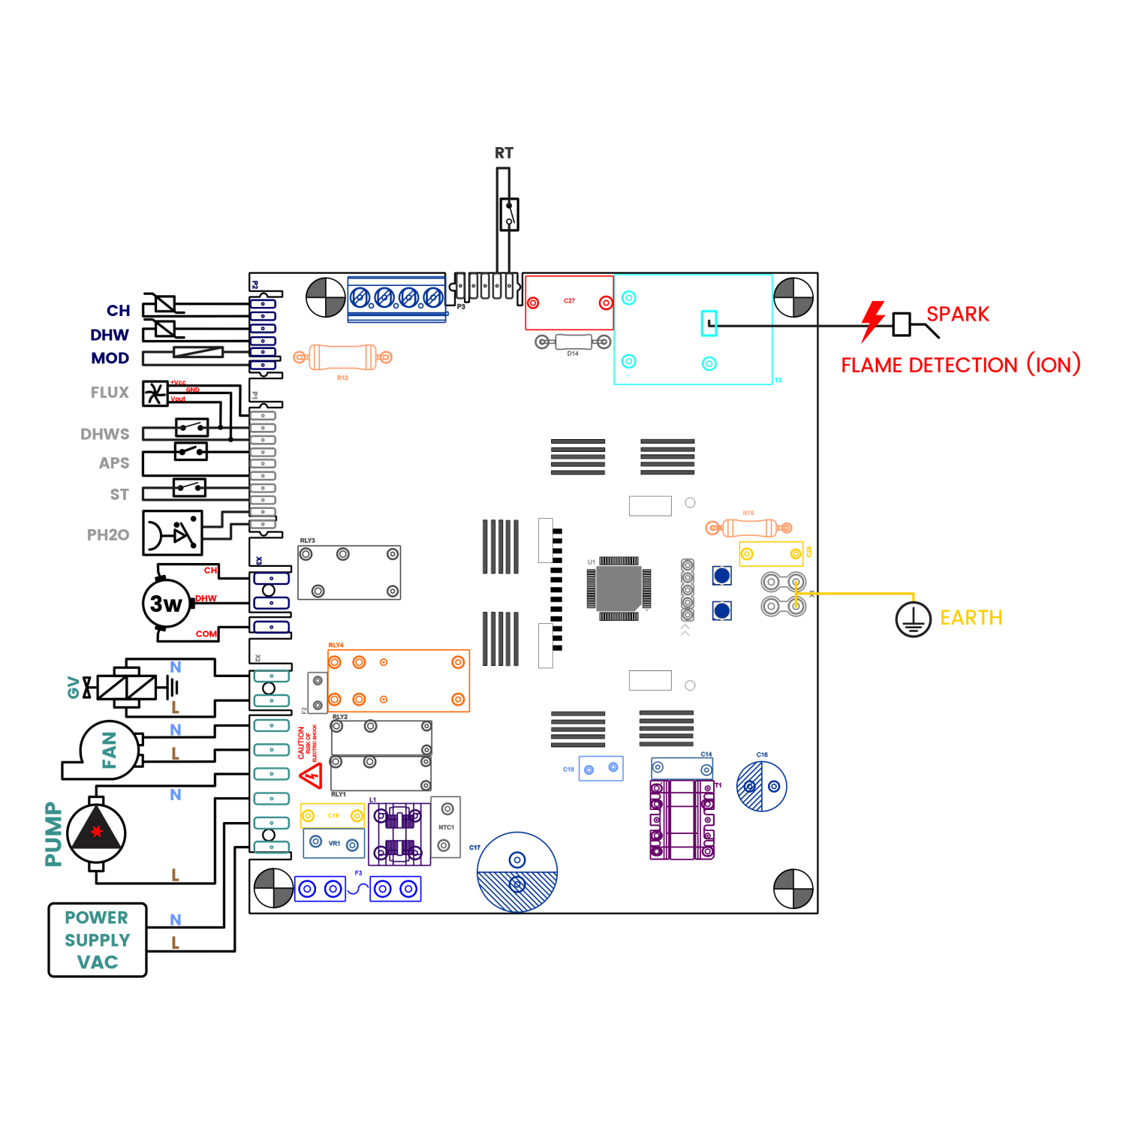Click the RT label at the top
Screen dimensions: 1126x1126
click(x=504, y=153)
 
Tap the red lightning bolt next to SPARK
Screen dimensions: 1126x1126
click(x=872, y=321)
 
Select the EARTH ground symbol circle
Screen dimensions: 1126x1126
click(x=913, y=619)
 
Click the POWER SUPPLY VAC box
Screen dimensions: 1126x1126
click(x=98, y=940)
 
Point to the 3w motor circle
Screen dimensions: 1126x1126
click(x=167, y=603)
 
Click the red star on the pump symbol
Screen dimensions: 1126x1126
click(x=96, y=831)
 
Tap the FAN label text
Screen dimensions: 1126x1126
click(x=110, y=750)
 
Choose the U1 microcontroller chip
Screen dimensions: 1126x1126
click(x=619, y=589)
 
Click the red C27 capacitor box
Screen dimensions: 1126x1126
click(x=569, y=303)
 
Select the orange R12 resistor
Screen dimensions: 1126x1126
click(x=342, y=357)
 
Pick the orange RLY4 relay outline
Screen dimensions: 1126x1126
click(x=399, y=681)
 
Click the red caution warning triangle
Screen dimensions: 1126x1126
click(x=311, y=775)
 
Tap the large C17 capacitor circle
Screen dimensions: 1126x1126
click(x=517, y=872)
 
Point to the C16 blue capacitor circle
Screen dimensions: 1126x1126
click(x=761, y=786)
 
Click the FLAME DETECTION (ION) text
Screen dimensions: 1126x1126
click(x=960, y=365)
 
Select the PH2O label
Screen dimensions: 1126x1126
click(x=108, y=535)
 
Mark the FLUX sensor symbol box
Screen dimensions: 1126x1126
click(x=155, y=393)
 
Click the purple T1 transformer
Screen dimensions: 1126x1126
click(x=682, y=819)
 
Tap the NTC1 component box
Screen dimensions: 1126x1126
click(x=446, y=826)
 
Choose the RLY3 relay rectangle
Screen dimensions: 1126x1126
click(x=349, y=573)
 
